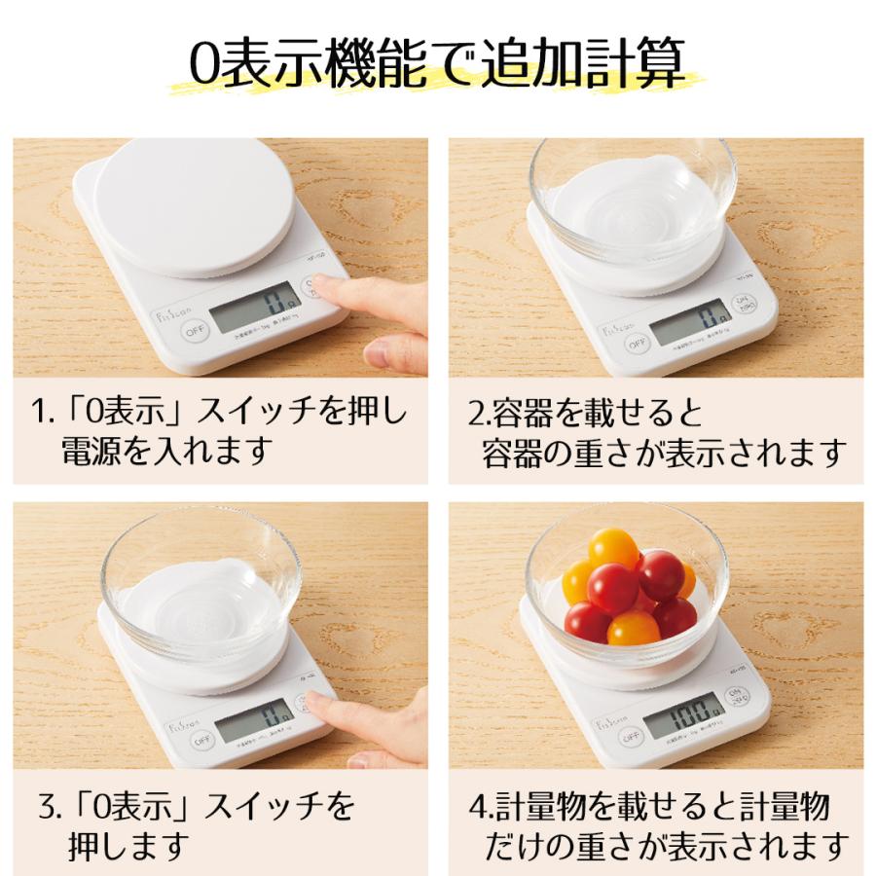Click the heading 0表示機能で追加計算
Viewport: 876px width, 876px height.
coord(438,64)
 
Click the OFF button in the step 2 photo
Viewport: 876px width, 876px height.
coord(637,343)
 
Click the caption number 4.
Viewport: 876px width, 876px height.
coord(476,806)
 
